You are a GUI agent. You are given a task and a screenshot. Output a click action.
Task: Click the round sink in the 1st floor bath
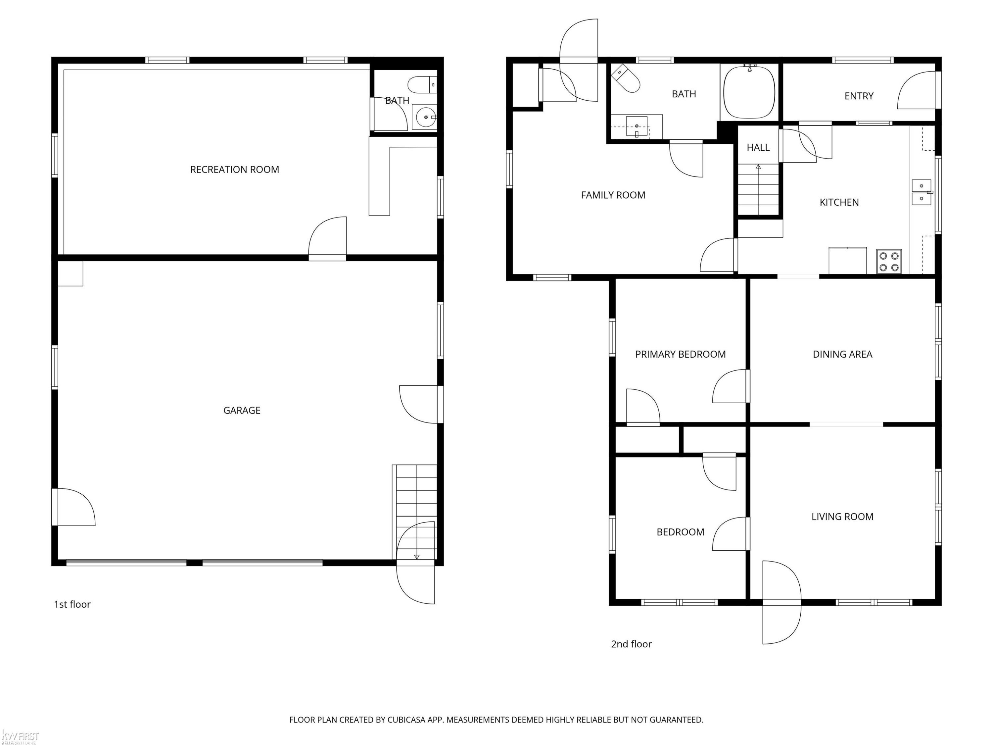click(425, 117)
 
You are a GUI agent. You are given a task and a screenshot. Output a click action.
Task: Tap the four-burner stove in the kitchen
click(889, 261)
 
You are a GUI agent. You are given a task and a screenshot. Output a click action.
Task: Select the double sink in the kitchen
click(922, 192)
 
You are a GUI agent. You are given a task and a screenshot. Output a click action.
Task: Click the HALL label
click(758, 147)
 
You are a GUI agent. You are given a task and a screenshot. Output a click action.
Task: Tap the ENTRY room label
click(859, 96)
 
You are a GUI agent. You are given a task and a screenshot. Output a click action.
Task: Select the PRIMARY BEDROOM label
click(680, 354)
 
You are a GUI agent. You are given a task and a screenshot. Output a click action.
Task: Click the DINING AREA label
click(842, 354)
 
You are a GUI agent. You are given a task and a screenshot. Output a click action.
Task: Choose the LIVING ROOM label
click(842, 517)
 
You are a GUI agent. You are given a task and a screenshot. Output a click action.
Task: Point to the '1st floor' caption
click(72, 604)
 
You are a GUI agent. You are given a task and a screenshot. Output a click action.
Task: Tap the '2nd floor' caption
click(631, 644)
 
